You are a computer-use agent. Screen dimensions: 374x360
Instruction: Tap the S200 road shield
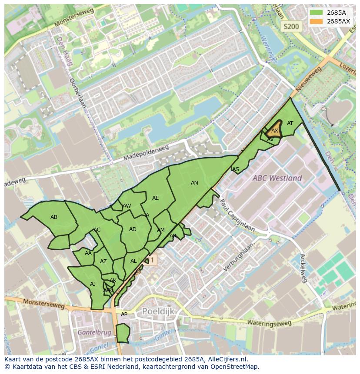[x=291, y=26]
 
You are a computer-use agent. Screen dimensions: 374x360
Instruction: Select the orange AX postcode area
[x=275, y=130]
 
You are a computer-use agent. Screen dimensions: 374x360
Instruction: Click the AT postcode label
[x=290, y=123]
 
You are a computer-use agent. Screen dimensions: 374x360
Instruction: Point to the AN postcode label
[x=194, y=183]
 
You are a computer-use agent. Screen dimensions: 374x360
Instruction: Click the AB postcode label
[x=54, y=217]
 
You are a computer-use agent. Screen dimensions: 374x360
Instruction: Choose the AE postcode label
[x=155, y=198]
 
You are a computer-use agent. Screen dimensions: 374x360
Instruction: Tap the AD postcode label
[x=133, y=229]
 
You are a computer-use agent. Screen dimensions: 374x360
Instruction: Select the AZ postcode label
[x=103, y=261]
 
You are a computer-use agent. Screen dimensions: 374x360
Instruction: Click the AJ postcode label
[x=93, y=284]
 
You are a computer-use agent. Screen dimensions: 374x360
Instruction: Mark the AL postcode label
[x=133, y=261]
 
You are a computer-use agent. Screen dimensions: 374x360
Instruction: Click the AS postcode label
[x=236, y=169]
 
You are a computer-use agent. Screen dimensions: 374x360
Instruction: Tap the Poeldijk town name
[x=158, y=311]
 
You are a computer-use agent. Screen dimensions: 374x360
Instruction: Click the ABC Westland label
[x=277, y=178]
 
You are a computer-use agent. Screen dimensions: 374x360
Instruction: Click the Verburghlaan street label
[x=238, y=260]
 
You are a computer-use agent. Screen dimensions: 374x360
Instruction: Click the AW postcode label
[x=127, y=206]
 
